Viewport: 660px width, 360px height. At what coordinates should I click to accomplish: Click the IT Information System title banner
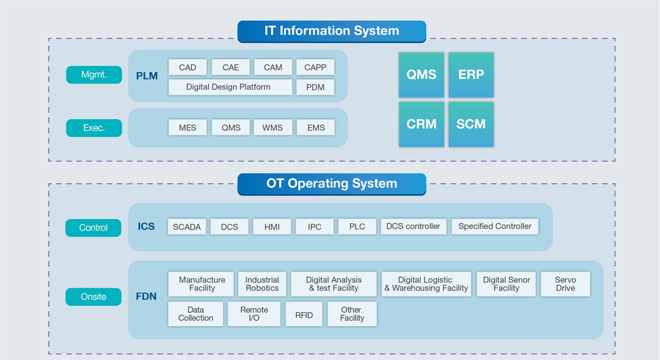coord(331,31)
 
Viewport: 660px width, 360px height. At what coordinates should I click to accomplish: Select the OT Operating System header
coord(331,184)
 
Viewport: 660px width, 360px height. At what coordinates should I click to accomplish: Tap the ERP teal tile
coord(471,75)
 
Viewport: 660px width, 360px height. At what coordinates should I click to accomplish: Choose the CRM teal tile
coord(421,124)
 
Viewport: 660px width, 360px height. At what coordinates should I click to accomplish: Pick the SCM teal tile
coord(471,124)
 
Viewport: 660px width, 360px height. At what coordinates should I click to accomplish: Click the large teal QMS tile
coord(421,75)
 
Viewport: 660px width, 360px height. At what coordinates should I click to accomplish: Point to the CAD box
coord(187,67)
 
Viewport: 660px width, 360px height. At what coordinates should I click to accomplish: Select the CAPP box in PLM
coord(315,67)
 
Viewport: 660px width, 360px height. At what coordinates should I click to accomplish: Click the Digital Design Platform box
coord(230,87)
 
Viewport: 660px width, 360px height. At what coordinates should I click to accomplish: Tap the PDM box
coord(315,87)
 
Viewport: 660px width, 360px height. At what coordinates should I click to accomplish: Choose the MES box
coord(187,127)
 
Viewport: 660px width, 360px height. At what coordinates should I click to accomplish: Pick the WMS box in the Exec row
coord(272,127)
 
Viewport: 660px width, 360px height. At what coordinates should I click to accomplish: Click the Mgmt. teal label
coord(94,75)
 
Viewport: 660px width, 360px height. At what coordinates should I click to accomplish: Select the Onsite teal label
coord(93,297)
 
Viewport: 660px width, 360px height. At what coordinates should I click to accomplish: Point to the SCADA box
coord(187,226)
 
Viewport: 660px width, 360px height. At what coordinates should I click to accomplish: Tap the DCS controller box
coord(413,226)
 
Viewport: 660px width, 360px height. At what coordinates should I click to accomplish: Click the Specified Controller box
coord(495,226)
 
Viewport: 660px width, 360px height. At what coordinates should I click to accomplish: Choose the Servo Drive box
coord(565,284)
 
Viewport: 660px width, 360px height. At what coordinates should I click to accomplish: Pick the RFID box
coord(304,314)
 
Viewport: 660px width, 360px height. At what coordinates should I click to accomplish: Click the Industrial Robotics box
coord(262,284)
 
